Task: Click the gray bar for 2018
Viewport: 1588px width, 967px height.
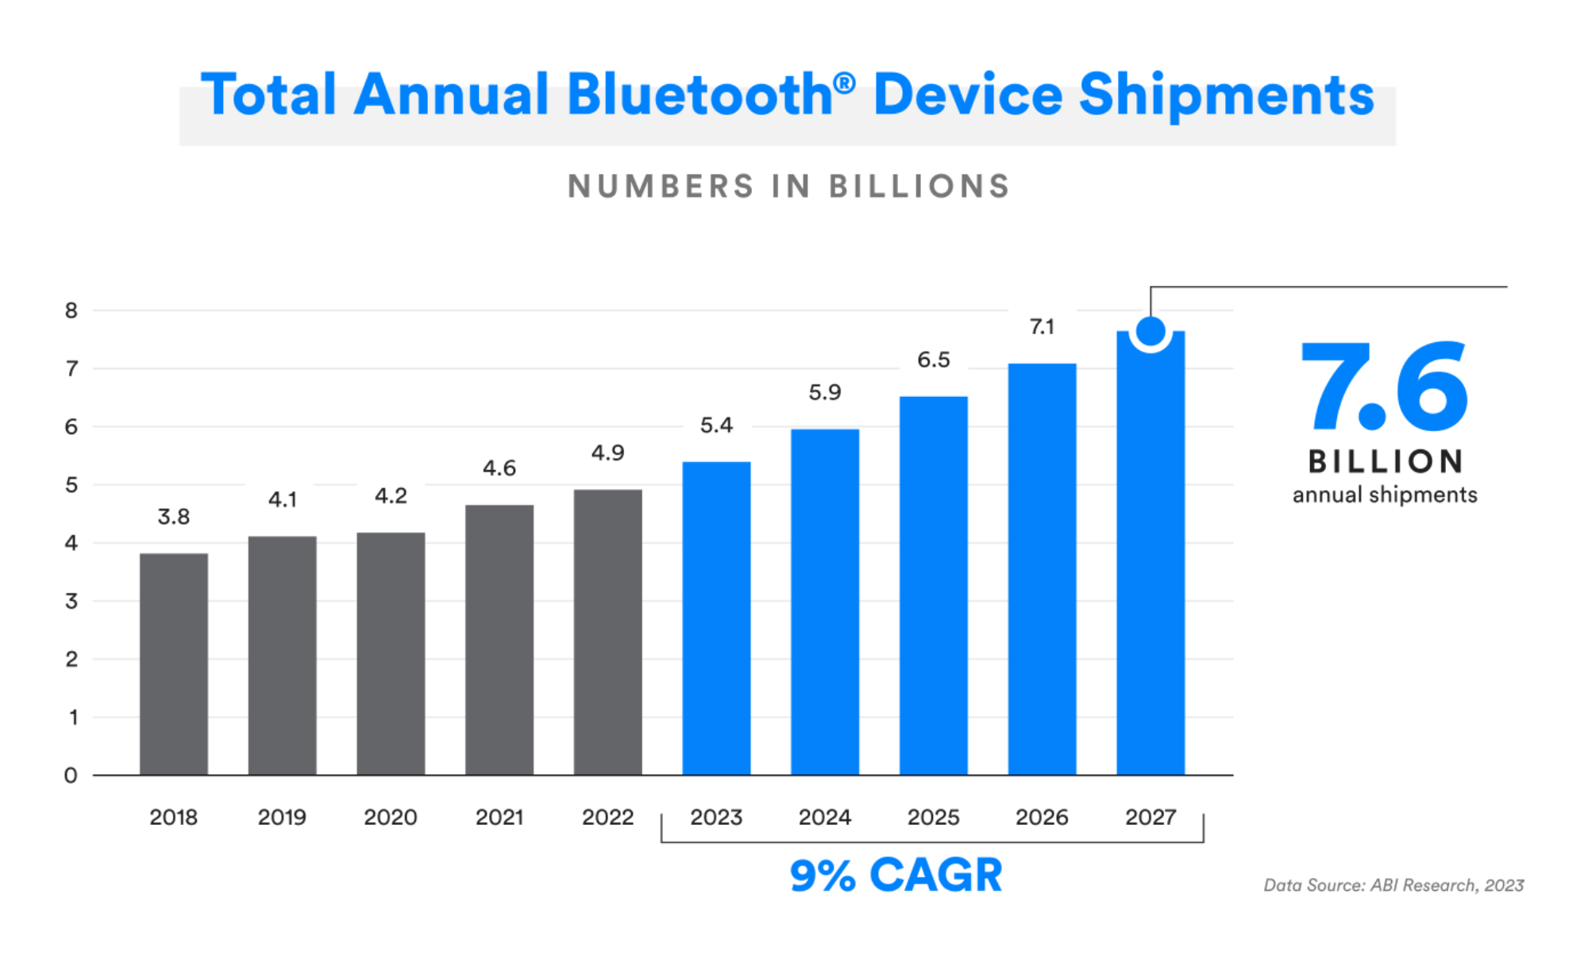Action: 174,664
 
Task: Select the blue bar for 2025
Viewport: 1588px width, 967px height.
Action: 933,585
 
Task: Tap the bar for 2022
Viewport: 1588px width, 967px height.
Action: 607,632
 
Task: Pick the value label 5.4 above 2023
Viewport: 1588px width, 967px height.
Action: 716,426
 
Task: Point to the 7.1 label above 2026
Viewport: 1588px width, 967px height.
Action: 1042,327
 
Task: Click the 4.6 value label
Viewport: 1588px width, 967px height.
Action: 499,468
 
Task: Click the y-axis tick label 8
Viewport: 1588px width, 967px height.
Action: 71,310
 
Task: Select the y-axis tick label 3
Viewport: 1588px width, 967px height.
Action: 71,601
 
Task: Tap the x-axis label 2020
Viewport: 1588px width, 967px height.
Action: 390,817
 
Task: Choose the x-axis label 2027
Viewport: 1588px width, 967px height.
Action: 1151,817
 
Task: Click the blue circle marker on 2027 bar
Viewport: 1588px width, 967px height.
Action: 1151,331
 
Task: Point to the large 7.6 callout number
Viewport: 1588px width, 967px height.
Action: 1384,387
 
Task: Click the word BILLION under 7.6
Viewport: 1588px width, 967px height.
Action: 1385,461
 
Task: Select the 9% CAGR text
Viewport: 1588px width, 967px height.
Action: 896,875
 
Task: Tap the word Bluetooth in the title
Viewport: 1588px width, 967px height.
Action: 700,95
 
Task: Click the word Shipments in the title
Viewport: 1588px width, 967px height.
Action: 1227,95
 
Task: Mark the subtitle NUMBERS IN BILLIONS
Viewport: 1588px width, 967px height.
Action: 788,187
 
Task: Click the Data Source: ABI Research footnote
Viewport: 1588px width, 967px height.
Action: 1393,885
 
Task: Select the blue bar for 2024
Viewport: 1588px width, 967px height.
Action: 825,602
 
